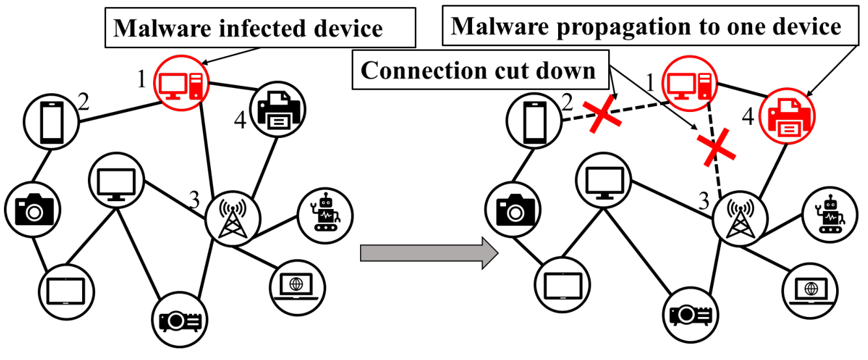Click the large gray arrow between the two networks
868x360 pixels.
point(429,253)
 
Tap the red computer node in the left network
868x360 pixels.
point(182,83)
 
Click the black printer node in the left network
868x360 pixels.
point(277,109)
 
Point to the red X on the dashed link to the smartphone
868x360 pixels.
point(602,114)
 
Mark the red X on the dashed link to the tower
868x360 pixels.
point(716,148)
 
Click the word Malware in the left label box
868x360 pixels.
point(162,28)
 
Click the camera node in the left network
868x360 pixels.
point(33,210)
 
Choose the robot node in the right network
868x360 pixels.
point(830,215)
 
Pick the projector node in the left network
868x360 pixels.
point(180,320)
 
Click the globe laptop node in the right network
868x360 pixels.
point(810,290)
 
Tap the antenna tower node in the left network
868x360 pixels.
point(232,219)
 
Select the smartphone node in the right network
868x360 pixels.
point(534,121)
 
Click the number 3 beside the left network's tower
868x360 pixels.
point(194,200)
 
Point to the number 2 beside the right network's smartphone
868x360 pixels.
point(567,102)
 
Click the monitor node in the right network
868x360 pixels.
point(604,180)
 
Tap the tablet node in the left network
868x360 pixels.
point(66,292)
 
